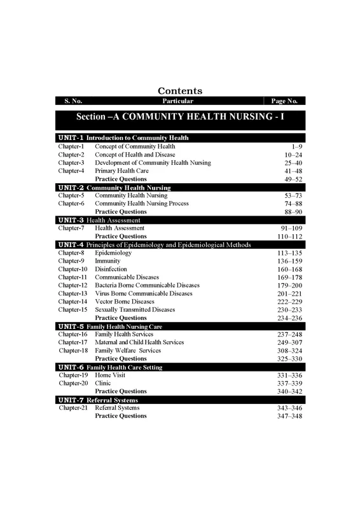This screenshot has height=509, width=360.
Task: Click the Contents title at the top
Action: coord(180,91)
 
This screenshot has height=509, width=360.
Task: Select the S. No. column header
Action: coord(73,101)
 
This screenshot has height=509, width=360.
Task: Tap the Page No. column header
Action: coord(284,101)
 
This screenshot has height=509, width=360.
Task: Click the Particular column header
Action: coord(177,101)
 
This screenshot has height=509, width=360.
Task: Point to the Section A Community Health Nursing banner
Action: coord(180,118)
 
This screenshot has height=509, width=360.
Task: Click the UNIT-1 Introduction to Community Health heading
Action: coord(123,138)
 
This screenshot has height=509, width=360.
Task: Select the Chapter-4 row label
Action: coord(71,171)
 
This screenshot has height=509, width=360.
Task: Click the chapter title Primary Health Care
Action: coord(121,171)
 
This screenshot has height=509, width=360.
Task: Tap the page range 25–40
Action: coord(293,163)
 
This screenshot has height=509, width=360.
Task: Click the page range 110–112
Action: coord(289,237)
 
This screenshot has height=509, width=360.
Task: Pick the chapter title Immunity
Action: coord(107,261)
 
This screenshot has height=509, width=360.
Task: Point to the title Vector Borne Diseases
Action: coord(125,302)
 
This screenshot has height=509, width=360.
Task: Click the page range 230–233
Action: coord(289,310)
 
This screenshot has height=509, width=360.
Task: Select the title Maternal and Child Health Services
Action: coord(139,342)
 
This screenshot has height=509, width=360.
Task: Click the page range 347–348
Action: coord(289,416)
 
